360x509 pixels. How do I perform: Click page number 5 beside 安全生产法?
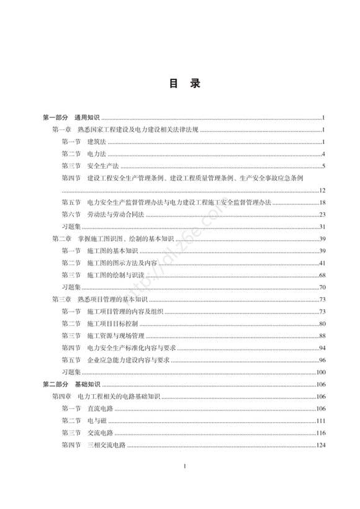(x=323, y=166)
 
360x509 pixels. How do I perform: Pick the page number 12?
(x=322, y=191)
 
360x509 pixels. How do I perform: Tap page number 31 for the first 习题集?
(x=322, y=226)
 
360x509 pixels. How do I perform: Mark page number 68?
(x=322, y=275)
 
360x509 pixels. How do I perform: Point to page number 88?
(x=322, y=336)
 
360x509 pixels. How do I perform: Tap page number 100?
(x=320, y=372)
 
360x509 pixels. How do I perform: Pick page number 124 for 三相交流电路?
(x=320, y=445)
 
